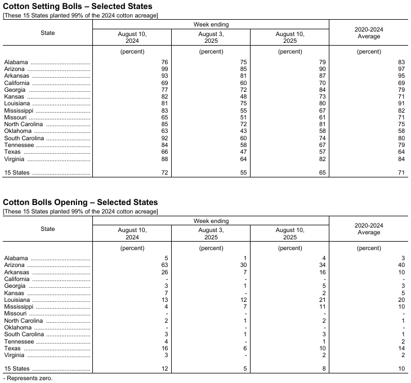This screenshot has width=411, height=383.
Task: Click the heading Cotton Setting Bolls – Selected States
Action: tap(78, 6)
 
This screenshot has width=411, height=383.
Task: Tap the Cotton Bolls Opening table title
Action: tap(81, 202)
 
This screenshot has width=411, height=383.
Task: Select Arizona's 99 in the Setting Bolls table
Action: tap(164, 69)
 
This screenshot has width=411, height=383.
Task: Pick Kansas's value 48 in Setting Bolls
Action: tap(243, 97)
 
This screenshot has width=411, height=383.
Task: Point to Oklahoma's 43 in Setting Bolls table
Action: tap(243, 131)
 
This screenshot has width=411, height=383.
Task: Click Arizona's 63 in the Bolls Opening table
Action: tap(164, 265)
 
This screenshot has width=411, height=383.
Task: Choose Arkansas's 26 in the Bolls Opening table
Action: tap(164, 272)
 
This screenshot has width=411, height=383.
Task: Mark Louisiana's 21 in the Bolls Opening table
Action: tap(322, 300)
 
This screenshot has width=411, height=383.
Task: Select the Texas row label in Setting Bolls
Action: tap(12, 152)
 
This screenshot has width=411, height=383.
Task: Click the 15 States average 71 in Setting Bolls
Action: tap(401, 173)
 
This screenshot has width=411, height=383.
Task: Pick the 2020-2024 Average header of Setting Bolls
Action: tap(369, 33)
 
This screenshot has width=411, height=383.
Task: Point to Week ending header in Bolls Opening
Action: tap(211, 221)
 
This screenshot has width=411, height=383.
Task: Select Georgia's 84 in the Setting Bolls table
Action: tap(322, 90)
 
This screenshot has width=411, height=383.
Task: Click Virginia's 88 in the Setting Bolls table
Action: tap(164, 159)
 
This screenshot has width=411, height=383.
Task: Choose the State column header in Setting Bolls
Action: tap(48, 33)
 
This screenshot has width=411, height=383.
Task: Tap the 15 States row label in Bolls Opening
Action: tap(17, 369)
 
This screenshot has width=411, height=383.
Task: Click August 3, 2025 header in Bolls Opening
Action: tap(211, 233)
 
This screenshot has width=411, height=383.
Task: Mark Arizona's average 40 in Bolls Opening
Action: tap(401, 265)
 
